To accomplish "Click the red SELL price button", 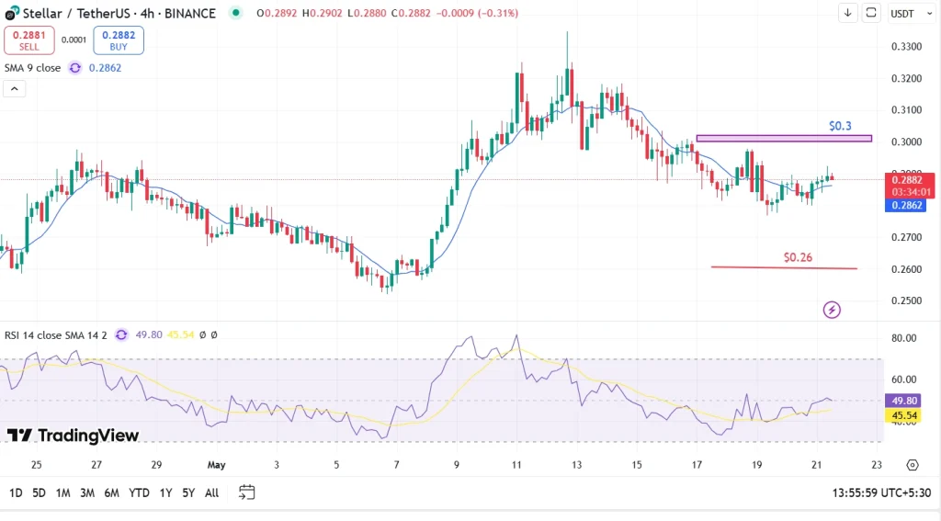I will coord(28,40).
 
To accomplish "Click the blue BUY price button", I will coord(119,40).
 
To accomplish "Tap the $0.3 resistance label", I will coord(840,125).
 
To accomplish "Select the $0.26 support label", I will coord(798,257).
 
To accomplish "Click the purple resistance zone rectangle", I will coord(783,139).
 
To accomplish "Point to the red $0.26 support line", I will coord(783,268).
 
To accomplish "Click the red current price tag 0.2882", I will coord(910,180).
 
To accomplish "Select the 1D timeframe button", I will coord(16,493).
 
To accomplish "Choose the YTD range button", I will coord(140,493).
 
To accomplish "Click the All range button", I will coord(211,493).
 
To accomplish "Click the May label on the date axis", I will coord(217,465).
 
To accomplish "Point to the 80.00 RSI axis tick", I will coord(904,338).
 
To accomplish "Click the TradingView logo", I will coord(74,436).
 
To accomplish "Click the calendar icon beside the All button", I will coord(246,493).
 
